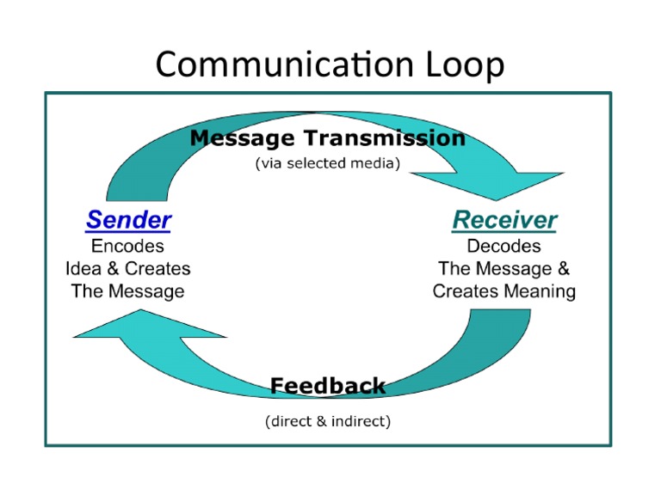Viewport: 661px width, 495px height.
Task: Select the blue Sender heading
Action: [x=128, y=220]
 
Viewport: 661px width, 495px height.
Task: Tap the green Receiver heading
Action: [x=504, y=220]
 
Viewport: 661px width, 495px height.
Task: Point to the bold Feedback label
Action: [x=328, y=386]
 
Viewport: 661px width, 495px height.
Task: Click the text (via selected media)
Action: [x=328, y=163]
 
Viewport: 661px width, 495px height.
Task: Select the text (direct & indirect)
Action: [x=328, y=421]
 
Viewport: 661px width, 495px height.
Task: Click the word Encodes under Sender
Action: [x=127, y=247]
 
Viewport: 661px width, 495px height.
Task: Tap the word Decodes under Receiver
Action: [x=504, y=247]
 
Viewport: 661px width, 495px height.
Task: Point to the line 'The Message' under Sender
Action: [x=127, y=291]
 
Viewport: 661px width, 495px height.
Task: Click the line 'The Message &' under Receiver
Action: [x=504, y=269]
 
